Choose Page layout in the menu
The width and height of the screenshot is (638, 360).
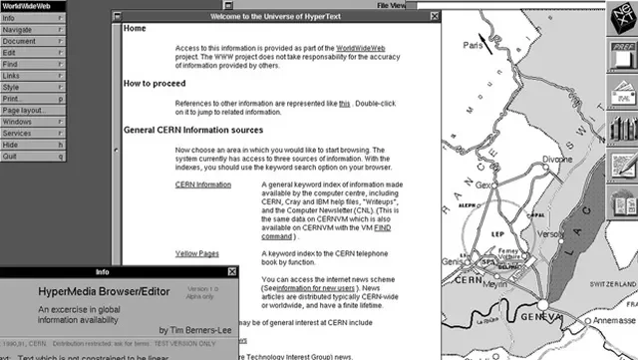pyautogui.click(x=23, y=109)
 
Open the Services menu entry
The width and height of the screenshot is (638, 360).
pyautogui.click(x=17, y=133)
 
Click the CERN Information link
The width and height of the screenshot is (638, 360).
pyautogui.click(x=202, y=184)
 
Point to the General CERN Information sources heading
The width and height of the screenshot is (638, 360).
pyautogui.click(x=199, y=130)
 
